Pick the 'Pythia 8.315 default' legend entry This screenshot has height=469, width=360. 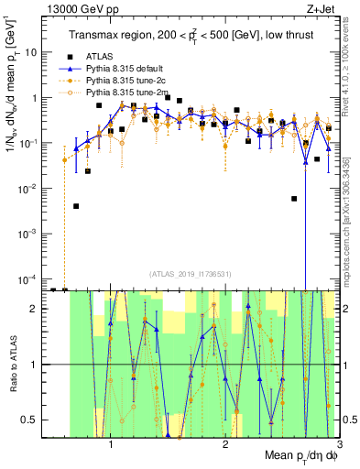[x=129, y=69]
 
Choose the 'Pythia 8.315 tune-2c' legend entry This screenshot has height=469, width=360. [x=128, y=82]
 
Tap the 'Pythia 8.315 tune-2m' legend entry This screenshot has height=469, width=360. [x=129, y=93]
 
